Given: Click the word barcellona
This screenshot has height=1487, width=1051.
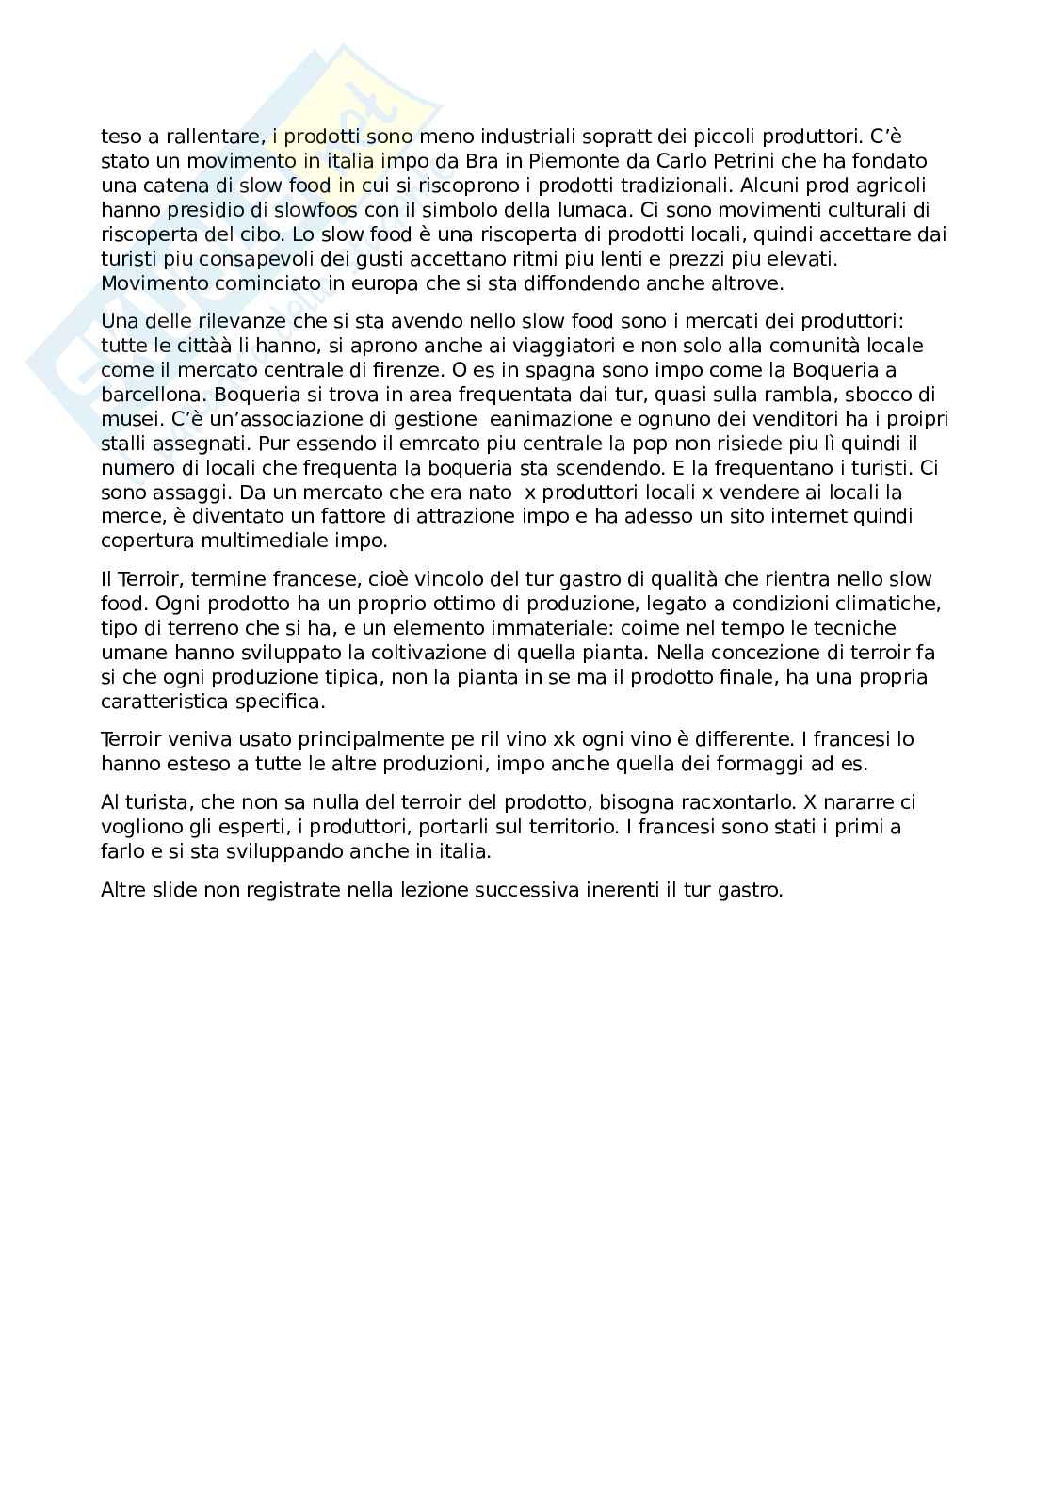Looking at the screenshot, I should pyautogui.click(x=151, y=395).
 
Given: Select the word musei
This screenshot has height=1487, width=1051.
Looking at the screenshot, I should pyautogui.click(x=125, y=419).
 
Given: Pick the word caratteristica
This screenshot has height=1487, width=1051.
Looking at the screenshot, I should pyautogui.click(x=158, y=702).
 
